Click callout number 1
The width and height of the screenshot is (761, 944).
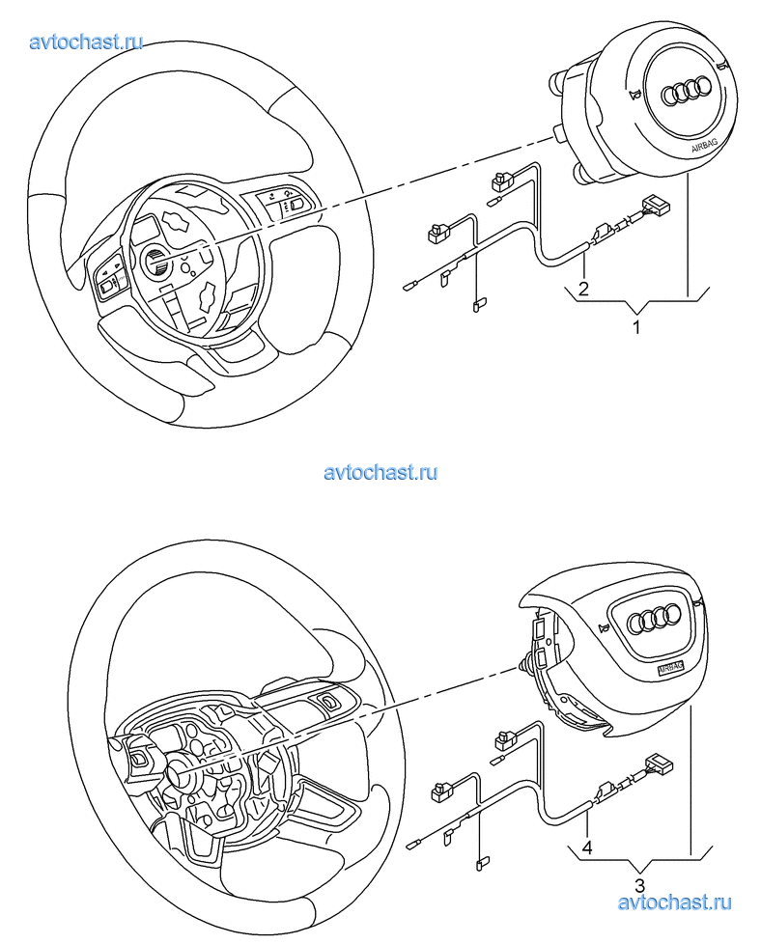636,327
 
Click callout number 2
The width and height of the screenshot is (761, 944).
583,288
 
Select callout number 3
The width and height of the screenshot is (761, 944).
639,884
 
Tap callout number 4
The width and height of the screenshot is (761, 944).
587,849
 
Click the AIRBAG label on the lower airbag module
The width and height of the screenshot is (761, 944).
669,667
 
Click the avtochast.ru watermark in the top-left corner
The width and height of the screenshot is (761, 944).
87,42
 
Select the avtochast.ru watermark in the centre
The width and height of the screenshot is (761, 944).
380,472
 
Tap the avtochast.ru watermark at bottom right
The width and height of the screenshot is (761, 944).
673,902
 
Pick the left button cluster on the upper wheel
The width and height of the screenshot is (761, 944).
109,277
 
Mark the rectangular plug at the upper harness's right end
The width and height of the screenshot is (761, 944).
657,204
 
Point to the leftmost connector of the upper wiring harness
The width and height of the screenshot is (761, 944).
409,284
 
